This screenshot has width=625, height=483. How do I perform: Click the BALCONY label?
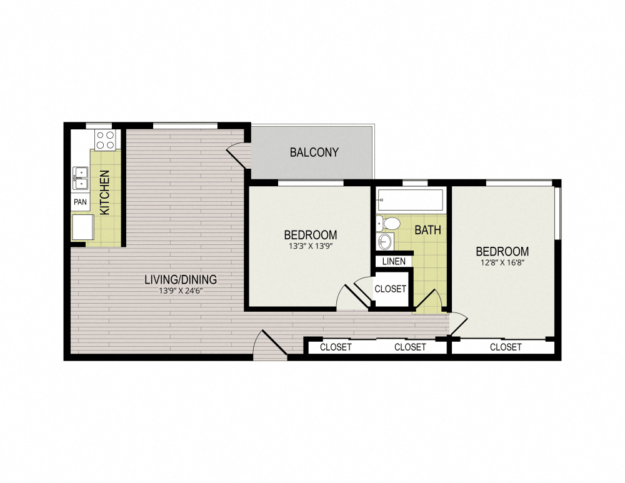coord(314,152)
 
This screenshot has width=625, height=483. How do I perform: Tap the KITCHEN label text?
coord(106,192)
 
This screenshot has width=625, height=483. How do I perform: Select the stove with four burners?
coord(105,139)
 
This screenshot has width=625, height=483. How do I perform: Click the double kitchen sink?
coord(80,177)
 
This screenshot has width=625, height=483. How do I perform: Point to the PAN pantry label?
coord(80,202)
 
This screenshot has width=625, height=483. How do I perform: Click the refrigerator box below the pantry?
coord(82,227)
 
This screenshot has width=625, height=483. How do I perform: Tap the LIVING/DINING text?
coord(180,279)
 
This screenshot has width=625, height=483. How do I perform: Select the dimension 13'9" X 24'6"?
coord(180,290)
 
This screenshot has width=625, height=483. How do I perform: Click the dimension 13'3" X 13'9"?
coord(311,246)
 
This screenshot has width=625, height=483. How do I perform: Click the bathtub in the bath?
coord(411,200)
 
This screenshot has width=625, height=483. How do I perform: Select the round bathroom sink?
coord(386,241)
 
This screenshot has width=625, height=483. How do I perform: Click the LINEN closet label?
coord(393,261)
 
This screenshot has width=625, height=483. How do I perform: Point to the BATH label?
coord(427,230)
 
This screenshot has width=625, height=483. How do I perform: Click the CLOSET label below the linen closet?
coord(390,289)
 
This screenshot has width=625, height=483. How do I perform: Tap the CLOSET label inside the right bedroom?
coord(506,347)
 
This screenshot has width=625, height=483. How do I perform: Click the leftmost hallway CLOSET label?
coord(336,347)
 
